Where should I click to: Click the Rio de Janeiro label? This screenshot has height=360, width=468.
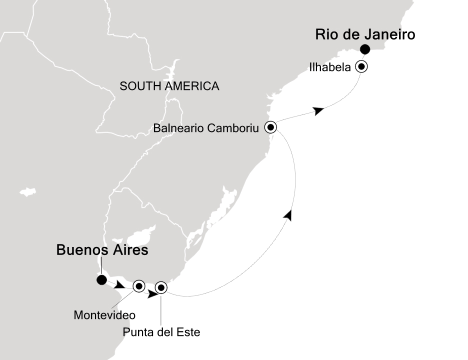pos(365,35)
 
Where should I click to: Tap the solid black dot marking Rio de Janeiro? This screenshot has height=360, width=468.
pos(365,49)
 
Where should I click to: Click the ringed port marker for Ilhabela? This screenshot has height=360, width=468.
pos(361,66)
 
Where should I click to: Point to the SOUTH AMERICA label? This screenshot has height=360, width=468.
pos(169,86)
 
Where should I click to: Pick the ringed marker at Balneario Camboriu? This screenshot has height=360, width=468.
pos(270,127)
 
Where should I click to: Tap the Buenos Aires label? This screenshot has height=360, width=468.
pos(102,250)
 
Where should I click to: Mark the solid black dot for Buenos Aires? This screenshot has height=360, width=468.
pos(102,280)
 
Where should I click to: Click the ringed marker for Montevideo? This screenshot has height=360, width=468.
pos(138,286)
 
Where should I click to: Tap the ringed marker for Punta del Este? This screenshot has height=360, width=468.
pos(160,287)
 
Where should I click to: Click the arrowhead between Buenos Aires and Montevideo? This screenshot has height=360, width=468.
pos(120,286)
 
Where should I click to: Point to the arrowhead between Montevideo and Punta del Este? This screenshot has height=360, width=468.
pos(152,294)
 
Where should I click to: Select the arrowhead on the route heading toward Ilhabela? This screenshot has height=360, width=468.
pos(318,110)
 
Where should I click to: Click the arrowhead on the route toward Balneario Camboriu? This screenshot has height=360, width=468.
pos(288,215)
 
